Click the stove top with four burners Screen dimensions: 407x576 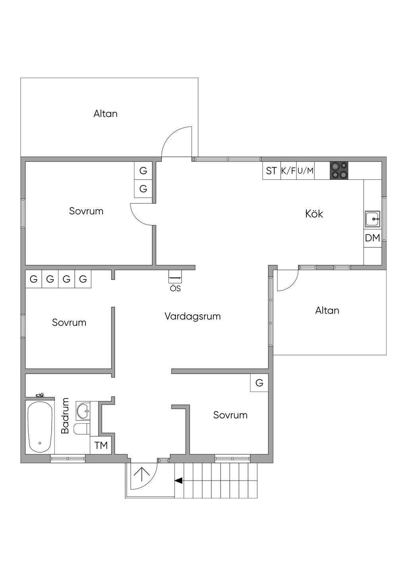[339, 171]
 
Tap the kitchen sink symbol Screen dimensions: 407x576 [372, 219]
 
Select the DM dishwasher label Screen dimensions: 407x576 [372, 238]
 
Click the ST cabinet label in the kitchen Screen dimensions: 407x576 [271, 171]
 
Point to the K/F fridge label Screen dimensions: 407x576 [288, 171]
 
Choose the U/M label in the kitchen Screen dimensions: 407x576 [306, 171]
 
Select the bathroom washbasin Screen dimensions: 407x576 [83, 411]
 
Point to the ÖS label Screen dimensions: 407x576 [175, 288]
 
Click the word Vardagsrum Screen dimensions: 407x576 [192, 317]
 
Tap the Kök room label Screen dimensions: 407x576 [314, 214]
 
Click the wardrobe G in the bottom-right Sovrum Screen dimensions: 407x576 [259, 383]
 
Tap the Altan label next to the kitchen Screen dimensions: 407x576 [327, 311]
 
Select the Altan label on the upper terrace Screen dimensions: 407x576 [105, 114]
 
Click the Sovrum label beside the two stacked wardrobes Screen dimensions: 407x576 [86, 211]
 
